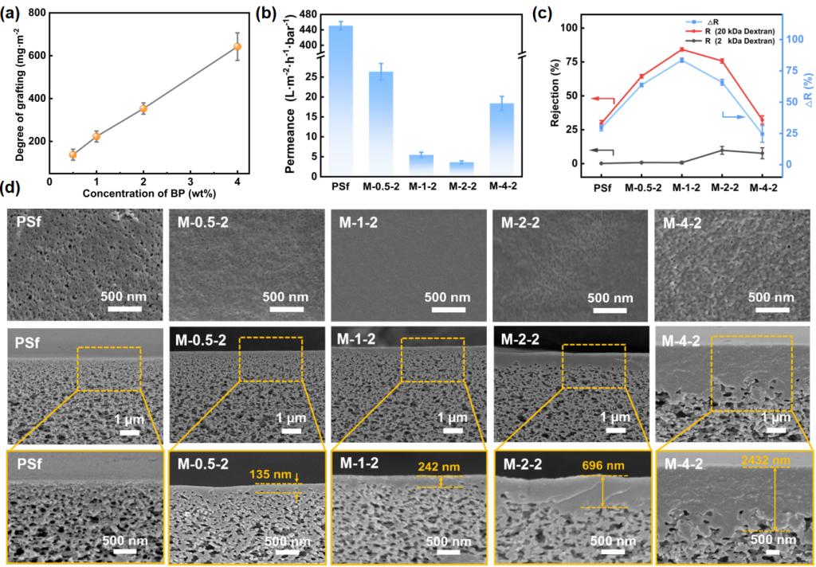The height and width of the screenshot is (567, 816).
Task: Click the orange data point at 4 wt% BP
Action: [x=237, y=47]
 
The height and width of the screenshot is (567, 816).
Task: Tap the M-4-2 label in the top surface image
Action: [x=683, y=224]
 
